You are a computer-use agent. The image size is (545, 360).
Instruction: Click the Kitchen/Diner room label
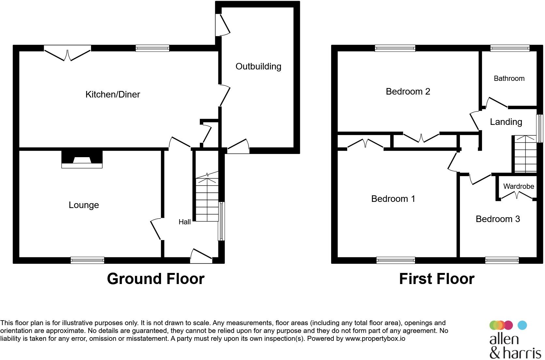pos(112,95)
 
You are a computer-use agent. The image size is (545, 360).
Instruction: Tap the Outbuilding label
pos(258,67)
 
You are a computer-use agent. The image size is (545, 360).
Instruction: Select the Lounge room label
pos(84,205)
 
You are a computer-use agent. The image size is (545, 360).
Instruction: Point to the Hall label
pos(184,222)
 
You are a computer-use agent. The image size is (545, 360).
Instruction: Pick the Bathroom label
pos(509,79)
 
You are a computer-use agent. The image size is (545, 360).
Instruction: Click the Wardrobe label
pos(518,187)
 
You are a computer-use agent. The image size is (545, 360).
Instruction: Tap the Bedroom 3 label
pos(497,219)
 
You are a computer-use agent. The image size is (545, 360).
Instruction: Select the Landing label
pos(506,122)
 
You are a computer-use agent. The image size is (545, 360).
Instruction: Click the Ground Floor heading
pos(155,279)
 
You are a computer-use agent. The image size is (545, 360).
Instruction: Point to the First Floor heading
pos(436,279)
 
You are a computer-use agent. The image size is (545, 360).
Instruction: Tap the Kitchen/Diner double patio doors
pos(67,53)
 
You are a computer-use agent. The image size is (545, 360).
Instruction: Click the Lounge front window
pos(87,260)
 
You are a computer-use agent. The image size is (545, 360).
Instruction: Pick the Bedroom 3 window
pos(502,260)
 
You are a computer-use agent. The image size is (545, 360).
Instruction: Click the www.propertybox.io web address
pos(375,338)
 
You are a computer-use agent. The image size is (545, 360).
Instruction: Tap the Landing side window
pos(540,128)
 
